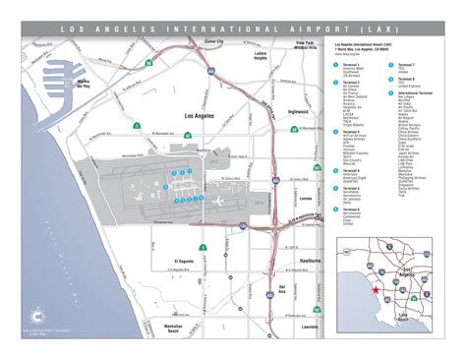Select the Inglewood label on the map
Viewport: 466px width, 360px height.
(296, 112)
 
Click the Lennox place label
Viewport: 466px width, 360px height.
(304, 198)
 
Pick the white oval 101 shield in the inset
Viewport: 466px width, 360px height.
(345, 253)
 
